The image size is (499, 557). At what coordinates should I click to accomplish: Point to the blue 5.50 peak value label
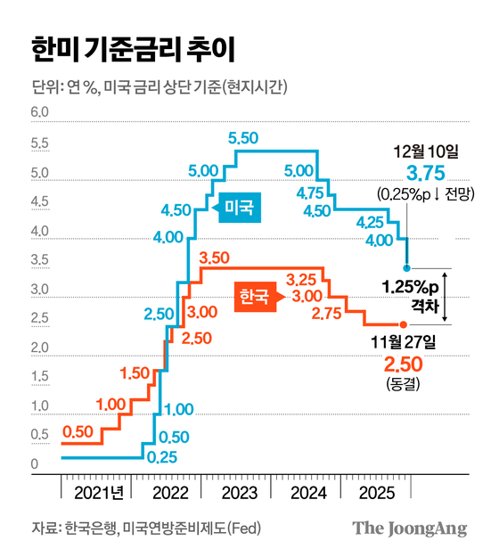coord(243,138)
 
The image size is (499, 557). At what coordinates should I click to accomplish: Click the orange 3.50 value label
coord(216,258)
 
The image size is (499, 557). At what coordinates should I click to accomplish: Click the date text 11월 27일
coord(406,342)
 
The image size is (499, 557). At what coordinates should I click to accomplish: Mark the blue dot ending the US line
coord(407,267)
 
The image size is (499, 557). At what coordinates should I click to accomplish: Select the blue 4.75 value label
coord(311,192)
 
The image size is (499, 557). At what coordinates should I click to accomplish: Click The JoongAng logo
coord(409,528)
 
